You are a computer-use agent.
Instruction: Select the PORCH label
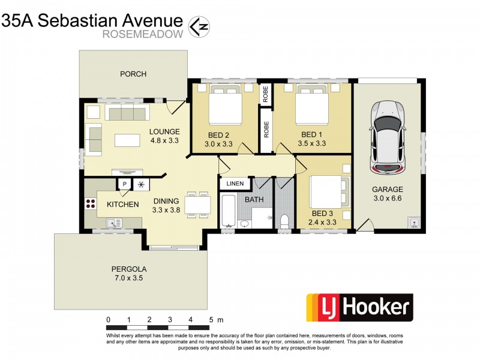[x=133, y=74]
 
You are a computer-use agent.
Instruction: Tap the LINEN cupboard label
[x=235, y=184]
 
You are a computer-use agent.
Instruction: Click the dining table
[x=197, y=205]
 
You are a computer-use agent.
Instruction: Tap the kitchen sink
[x=112, y=223]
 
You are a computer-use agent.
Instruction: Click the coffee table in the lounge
[x=127, y=140]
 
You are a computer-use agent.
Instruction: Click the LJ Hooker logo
[x=359, y=308]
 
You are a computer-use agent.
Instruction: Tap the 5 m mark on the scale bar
[x=211, y=319]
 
